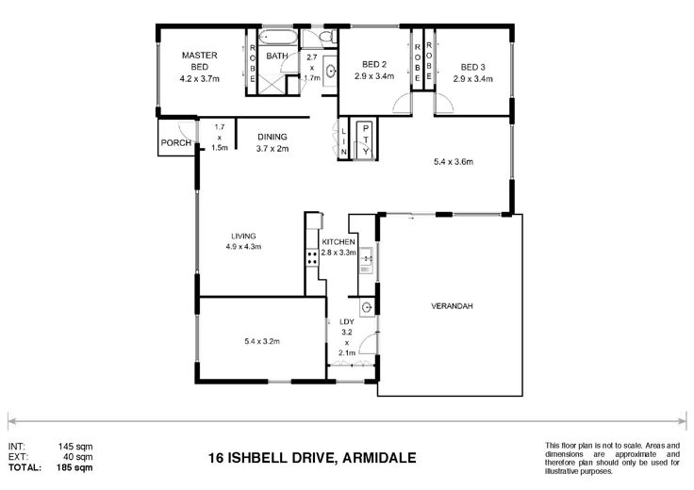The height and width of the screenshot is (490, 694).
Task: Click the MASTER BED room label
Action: coord(200,61)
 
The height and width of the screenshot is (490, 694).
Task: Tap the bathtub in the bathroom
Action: coord(279,38)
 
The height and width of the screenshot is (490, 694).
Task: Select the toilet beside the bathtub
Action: coord(327,37)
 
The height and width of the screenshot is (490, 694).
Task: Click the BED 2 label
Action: coord(374,65)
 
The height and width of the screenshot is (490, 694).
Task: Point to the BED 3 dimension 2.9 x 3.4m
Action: coord(472,79)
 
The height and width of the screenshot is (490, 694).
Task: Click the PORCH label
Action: coord(176,143)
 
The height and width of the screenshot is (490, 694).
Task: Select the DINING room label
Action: coord(273,137)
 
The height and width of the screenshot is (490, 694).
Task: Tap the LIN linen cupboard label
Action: coord(344,141)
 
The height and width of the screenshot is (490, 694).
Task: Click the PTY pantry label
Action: coord(366,139)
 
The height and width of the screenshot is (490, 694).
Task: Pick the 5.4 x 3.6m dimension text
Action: coord(454,162)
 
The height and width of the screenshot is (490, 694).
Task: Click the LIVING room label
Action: coord(243,237)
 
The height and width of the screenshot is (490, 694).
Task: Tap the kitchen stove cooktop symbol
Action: coord(311,257)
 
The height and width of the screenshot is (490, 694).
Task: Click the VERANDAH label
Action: coord(452,306)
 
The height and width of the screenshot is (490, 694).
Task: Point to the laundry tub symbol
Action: coord(367,307)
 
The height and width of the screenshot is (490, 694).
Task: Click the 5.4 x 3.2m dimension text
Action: coord(262,341)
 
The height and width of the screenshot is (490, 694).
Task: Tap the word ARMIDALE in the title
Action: coord(380,457)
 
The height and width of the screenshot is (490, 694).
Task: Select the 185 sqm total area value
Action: coord(74,466)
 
